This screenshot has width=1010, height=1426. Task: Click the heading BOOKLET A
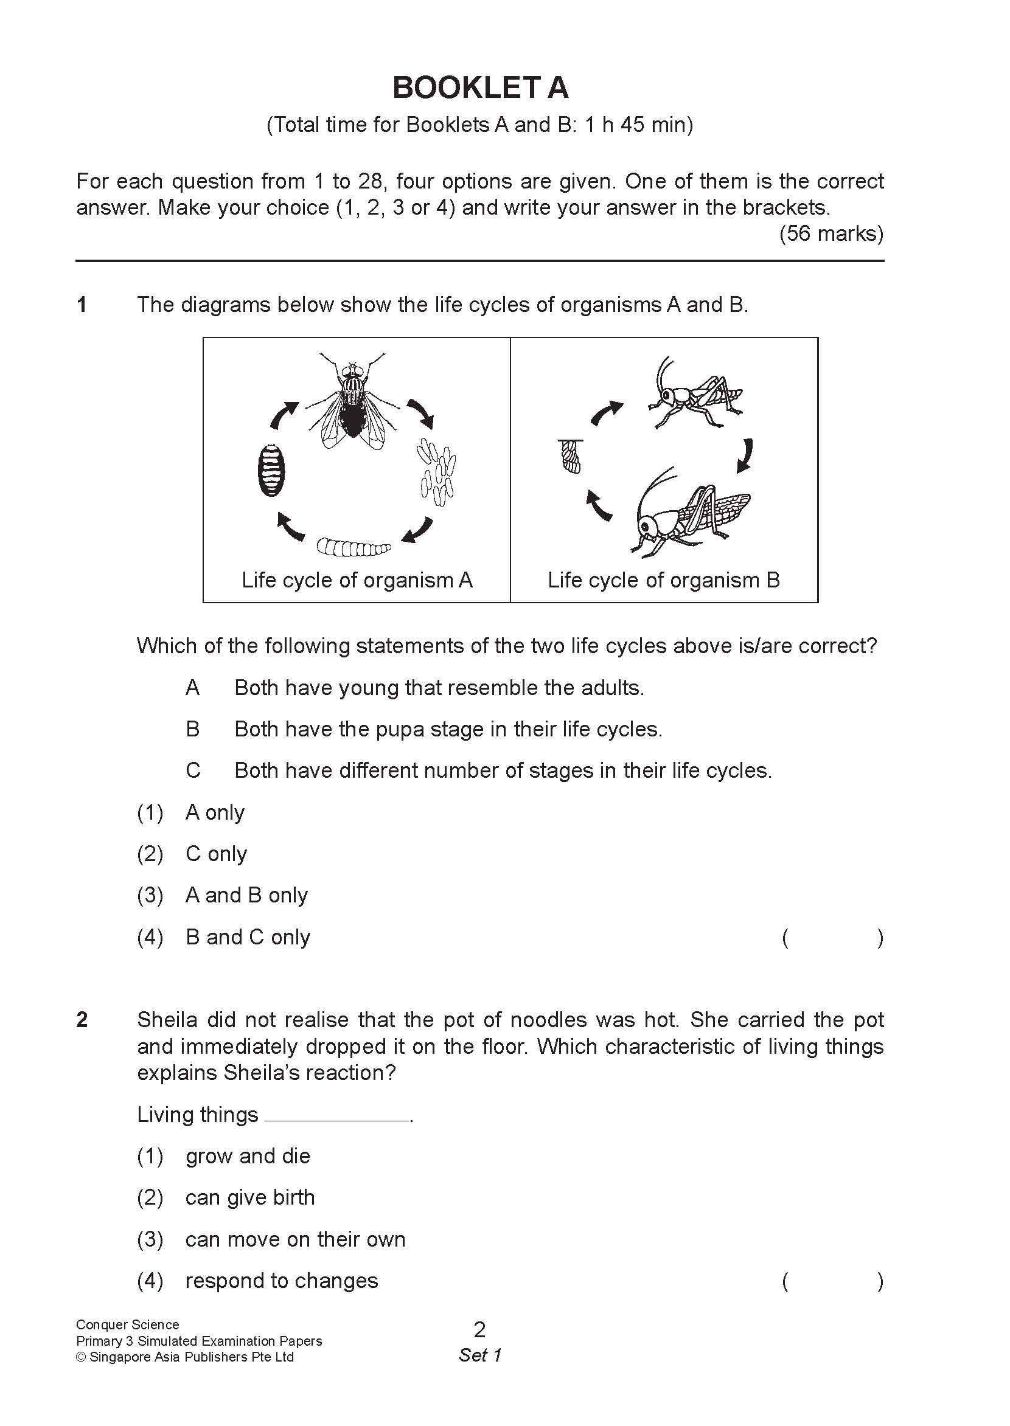point(480,88)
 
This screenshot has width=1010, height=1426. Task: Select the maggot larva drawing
point(353,547)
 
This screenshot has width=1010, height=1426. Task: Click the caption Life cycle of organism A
point(357,580)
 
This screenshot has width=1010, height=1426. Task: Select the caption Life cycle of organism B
point(663,580)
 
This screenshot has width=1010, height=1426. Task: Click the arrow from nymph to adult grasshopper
point(745,455)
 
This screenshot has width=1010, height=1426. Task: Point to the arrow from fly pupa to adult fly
point(283,415)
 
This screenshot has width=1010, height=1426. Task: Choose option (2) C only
point(216,854)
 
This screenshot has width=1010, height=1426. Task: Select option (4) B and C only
point(247,937)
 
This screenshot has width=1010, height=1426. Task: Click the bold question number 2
point(82,1019)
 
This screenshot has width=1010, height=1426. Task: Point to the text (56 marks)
point(831,233)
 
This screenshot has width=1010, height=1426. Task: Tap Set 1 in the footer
point(479,1355)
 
